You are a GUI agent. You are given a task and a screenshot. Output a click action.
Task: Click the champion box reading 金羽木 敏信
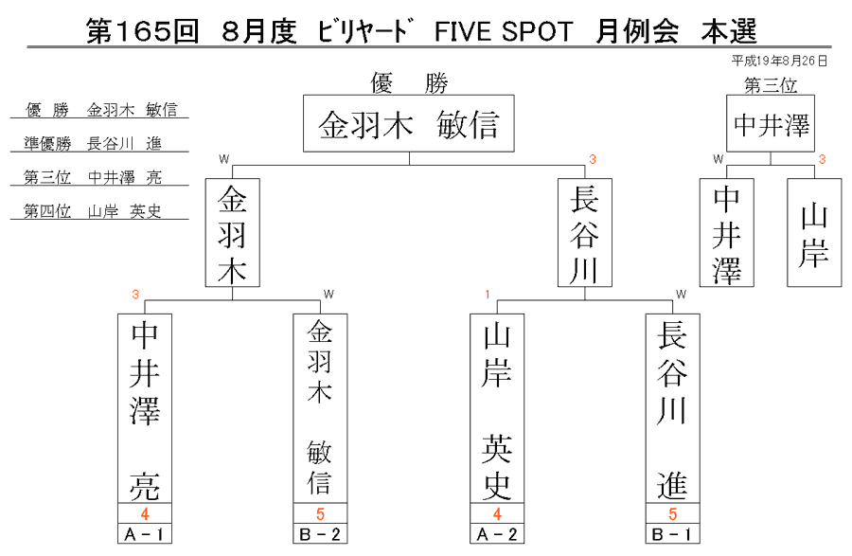[x=409, y=123]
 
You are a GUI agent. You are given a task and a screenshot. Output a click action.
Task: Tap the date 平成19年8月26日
[x=779, y=61]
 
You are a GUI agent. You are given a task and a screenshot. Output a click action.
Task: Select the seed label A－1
[x=145, y=534]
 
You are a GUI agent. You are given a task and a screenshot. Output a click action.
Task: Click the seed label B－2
[x=320, y=534]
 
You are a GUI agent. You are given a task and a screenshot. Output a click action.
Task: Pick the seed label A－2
[x=497, y=534]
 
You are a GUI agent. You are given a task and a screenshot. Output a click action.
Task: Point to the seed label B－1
[x=673, y=534]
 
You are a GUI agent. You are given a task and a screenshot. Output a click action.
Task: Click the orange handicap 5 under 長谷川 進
[x=673, y=513]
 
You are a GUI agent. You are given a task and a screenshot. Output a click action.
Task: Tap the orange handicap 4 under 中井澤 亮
[x=145, y=513]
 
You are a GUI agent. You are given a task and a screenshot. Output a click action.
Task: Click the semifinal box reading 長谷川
[x=585, y=233]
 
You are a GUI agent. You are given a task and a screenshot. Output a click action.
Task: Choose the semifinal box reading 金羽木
[x=233, y=233]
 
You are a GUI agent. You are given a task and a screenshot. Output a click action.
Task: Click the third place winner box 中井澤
[x=771, y=123]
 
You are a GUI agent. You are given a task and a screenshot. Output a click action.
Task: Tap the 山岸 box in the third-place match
[x=814, y=233]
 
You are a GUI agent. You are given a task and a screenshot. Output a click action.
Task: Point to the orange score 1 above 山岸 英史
[x=488, y=295]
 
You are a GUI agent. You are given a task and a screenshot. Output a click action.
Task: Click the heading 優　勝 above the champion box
[x=409, y=83]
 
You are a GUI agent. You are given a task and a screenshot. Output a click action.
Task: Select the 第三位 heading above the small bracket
[x=771, y=85]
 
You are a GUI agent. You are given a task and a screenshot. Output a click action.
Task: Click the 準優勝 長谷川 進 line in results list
[x=93, y=143]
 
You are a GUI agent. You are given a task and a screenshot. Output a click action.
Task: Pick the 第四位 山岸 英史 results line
[x=93, y=211]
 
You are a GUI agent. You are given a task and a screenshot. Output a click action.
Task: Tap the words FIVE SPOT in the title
[x=504, y=31]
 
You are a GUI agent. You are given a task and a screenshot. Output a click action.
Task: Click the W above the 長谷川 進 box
[x=681, y=295]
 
